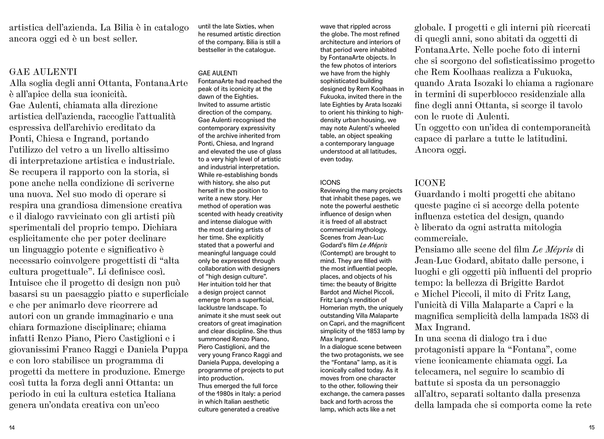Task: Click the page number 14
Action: [x=12, y=428]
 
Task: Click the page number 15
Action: [x=591, y=428]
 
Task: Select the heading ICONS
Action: [x=330, y=183]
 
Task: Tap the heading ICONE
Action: [x=430, y=183]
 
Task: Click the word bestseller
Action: [x=212, y=50]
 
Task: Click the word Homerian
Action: [x=335, y=308]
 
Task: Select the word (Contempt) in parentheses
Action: [x=335, y=253]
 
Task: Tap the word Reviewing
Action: [x=335, y=191]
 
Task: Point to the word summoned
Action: [x=214, y=339]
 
